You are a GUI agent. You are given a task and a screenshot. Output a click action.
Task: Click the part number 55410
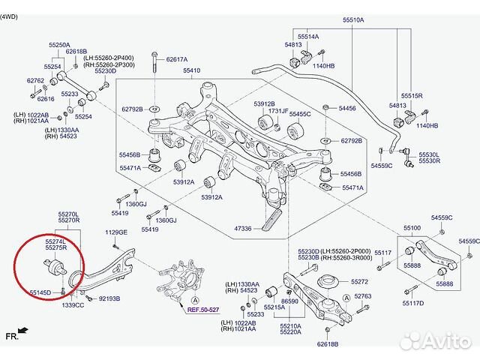pos(190,71)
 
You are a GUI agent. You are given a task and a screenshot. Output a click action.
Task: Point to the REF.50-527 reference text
pos(203,310)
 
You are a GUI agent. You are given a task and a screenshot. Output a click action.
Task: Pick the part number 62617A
pos(177,58)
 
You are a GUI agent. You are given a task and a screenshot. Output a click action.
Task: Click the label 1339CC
pos(73,305)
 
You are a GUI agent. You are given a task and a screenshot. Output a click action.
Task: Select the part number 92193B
pos(109,298)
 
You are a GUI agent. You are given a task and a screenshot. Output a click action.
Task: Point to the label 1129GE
pos(116,232)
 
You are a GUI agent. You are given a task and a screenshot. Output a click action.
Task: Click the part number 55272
pos(359,281)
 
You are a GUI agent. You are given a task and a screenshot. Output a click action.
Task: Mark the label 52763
pos(363,297)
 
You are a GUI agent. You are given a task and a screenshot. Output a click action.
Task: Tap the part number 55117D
pos(412,303)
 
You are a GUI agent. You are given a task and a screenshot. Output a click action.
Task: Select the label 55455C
pos(300,114)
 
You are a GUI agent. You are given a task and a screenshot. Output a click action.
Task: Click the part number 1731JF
pos(278,110)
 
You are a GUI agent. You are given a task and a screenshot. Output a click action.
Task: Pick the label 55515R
pos(412,96)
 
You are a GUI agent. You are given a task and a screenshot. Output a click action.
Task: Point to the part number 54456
pos(346,108)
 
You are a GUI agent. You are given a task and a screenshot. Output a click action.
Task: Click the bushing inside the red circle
pos(54,265)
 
